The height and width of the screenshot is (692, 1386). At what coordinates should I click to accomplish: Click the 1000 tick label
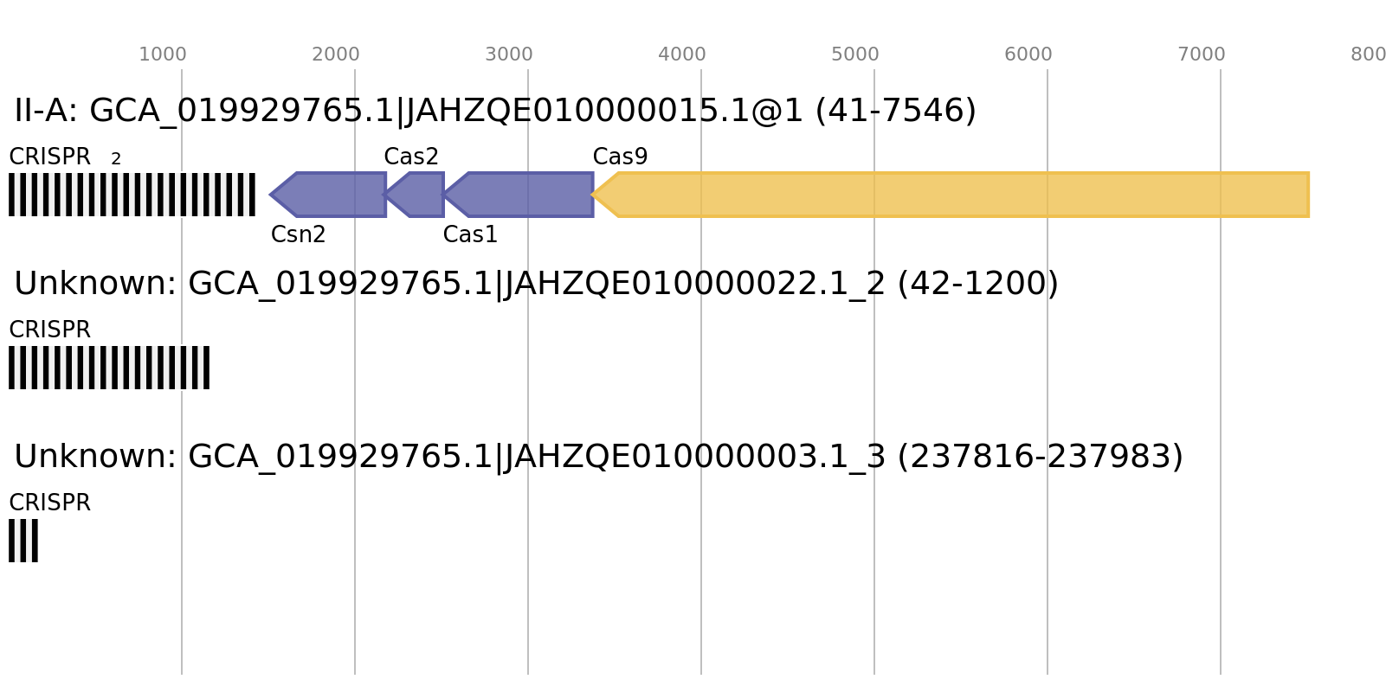163,54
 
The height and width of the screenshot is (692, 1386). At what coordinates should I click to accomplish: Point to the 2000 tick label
336,54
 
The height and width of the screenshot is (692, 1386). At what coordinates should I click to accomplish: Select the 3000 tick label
509,54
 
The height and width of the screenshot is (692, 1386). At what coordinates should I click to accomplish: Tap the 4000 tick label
682,54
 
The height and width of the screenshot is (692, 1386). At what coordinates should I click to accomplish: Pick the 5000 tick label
855,54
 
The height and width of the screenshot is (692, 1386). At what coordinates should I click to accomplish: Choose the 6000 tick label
1028,54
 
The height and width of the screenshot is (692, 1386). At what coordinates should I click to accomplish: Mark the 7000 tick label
1202,54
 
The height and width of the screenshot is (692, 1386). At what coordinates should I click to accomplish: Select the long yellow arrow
952,195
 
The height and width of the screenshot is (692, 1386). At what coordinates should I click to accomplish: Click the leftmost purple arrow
333,195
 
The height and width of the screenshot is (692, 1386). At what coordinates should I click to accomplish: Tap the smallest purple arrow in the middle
418,195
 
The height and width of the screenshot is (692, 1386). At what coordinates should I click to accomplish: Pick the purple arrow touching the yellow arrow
524,195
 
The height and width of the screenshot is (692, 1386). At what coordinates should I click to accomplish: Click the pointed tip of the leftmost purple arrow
271,195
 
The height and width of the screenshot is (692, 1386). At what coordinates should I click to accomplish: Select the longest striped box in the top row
132,195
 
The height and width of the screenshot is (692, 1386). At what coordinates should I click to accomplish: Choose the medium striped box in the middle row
108,368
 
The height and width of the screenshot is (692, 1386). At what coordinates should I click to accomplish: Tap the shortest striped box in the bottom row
23,541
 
